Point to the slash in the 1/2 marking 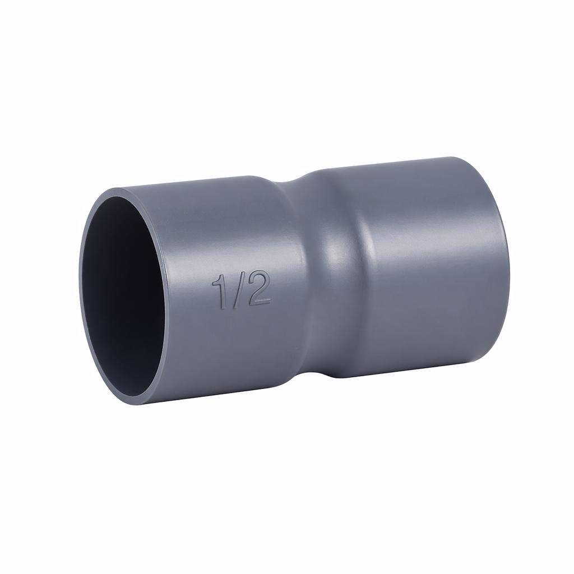238,290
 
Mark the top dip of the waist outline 289,180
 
